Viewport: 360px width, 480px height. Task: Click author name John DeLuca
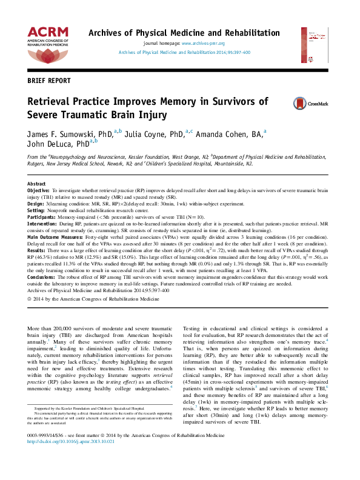click(50, 144)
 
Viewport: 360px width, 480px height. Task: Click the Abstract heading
click(37, 183)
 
